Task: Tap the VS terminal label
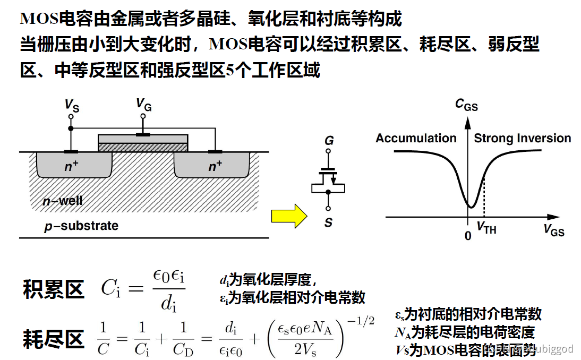point(72,105)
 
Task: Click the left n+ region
point(72,166)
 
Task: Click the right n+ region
point(215,167)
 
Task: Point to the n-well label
point(63,201)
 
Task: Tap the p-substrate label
point(81,226)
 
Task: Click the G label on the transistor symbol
point(329,141)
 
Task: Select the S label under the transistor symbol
point(328,223)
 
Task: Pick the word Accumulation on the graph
point(416,139)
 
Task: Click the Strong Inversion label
point(522,139)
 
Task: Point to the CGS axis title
point(466,105)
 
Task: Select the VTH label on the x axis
point(486,229)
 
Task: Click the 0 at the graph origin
point(468,235)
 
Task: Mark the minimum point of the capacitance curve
point(469,207)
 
